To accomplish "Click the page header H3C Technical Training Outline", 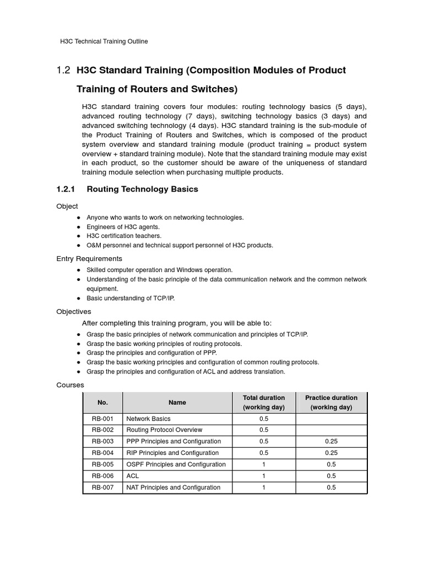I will (104, 41).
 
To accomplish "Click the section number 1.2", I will (63, 70).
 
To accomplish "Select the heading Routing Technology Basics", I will (142, 189).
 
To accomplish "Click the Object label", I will (67, 206).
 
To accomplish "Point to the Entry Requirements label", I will (89, 259).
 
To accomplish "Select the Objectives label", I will (74, 312).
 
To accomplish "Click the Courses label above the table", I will (70, 385).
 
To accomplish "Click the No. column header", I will (102, 403).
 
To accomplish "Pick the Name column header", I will (177, 403).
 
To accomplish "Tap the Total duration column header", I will (264, 403).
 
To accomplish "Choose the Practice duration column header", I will (331, 403).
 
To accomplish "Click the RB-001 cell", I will (102, 419).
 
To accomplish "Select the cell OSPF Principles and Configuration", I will (176, 464).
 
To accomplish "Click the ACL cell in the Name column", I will (133, 476).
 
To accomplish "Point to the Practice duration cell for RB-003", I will (331, 441).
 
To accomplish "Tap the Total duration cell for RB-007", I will (264, 487).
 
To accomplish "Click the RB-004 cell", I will (102, 453).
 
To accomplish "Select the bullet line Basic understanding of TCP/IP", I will (131, 299).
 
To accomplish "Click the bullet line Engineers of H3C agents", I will (123, 227).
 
